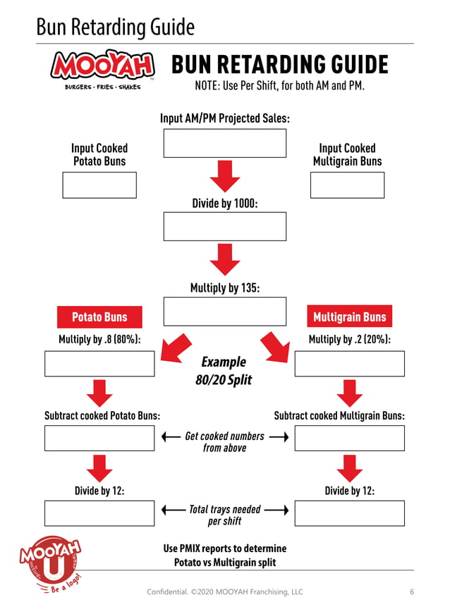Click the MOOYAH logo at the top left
pyautogui.click(x=102, y=68)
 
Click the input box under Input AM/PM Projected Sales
pyautogui.click(x=224, y=143)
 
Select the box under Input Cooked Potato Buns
pyautogui.click(x=99, y=185)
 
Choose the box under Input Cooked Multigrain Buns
pyautogui.click(x=347, y=185)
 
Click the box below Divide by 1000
pyautogui.click(x=224, y=226)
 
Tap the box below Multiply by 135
pyautogui.click(x=224, y=311)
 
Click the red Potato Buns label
pyautogui.click(x=99, y=317)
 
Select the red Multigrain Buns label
pyautogui.click(x=349, y=317)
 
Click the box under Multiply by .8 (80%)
pyautogui.click(x=99, y=364)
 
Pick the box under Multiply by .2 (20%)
pyautogui.click(x=349, y=364)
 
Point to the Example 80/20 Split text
pyautogui.click(x=224, y=371)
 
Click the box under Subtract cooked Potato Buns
pyautogui.click(x=99, y=438)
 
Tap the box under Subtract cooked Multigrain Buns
pyautogui.click(x=349, y=438)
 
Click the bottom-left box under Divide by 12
pyautogui.click(x=99, y=513)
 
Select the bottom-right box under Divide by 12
pyautogui.click(x=349, y=513)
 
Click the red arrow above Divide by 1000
pyautogui.click(x=225, y=176)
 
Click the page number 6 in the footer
pyautogui.click(x=412, y=592)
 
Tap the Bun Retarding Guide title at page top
pyautogui.click(x=115, y=27)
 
